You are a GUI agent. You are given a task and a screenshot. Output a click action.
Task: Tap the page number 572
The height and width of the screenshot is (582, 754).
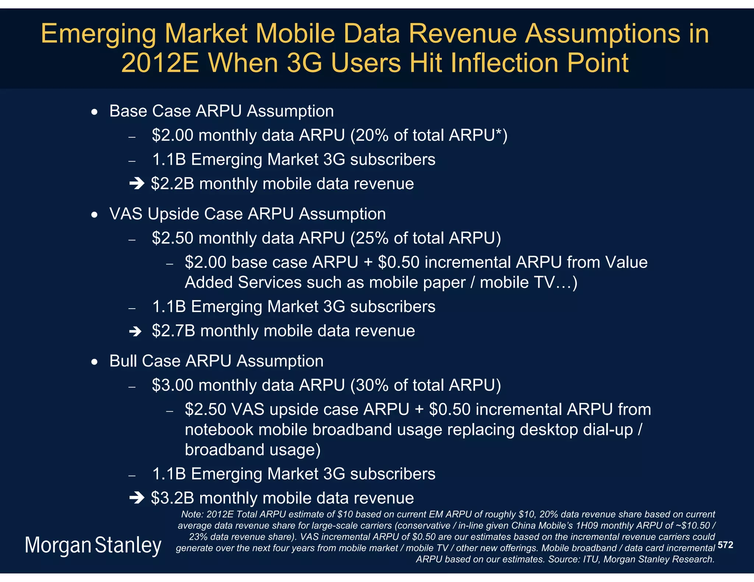pos(725,545)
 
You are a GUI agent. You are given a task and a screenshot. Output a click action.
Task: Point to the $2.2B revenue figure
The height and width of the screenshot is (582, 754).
pos(172,184)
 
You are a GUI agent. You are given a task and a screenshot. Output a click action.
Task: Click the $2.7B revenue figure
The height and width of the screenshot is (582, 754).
pos(173,331)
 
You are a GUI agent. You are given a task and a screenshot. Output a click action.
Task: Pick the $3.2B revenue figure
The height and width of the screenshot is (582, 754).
pos(172,498)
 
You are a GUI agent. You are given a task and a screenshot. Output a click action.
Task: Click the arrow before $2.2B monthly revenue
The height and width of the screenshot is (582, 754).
pos(137,184)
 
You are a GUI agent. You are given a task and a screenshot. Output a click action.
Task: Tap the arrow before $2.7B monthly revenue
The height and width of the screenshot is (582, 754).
pos(135,331)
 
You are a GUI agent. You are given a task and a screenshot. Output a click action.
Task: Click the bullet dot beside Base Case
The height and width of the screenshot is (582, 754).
pos(95,112)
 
